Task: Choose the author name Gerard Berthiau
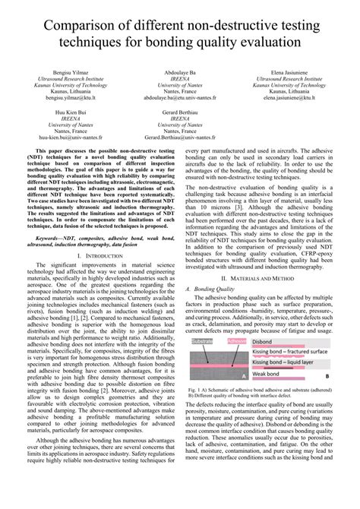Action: coord(180,112)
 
